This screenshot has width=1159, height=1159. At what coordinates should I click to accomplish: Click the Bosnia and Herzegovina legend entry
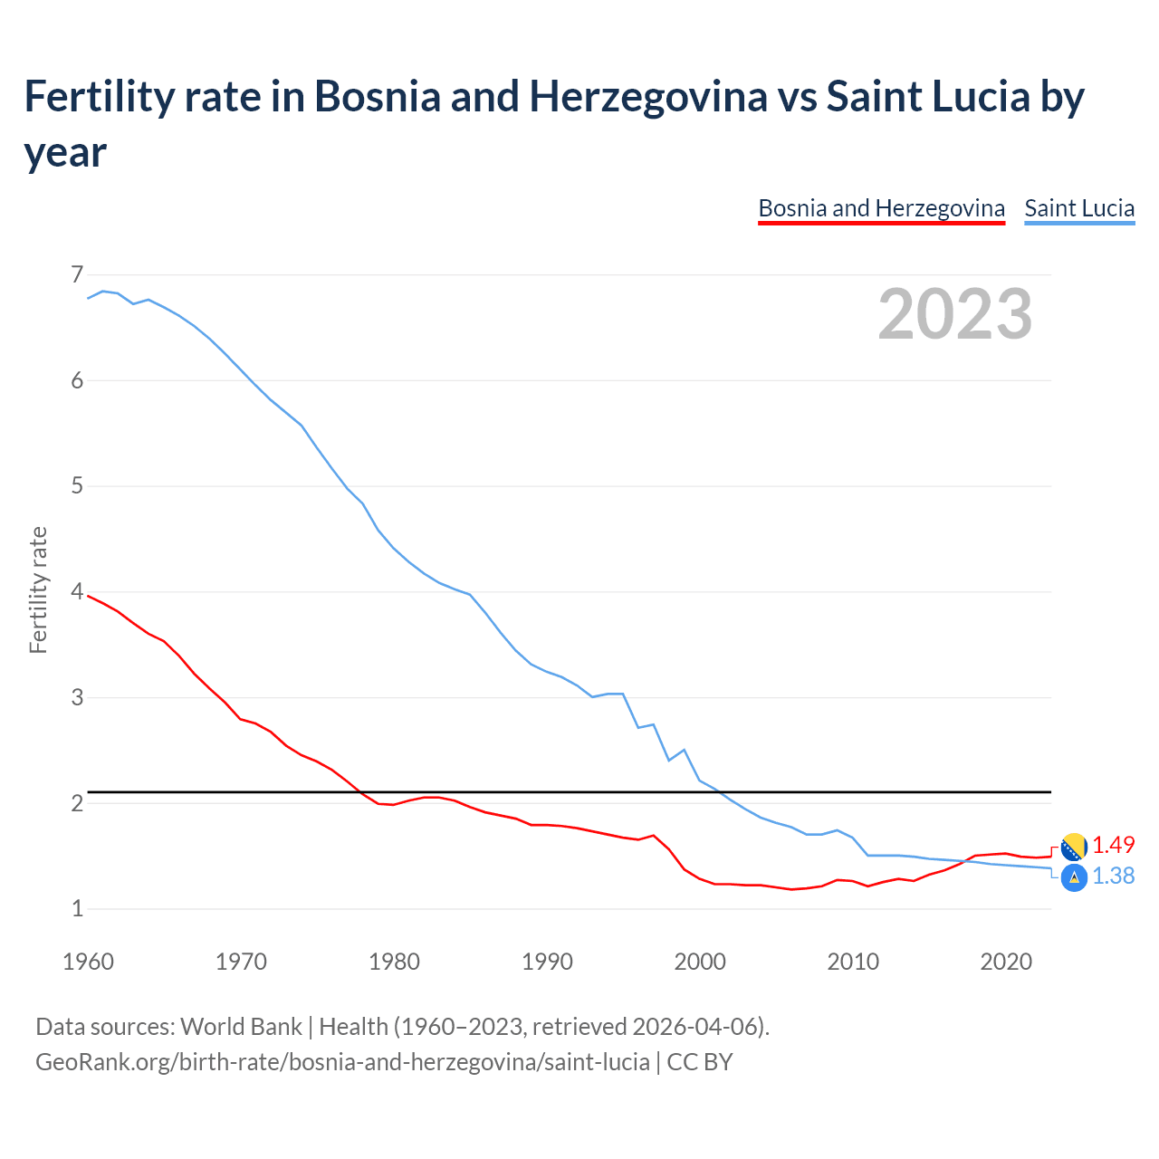[x=881, y=208]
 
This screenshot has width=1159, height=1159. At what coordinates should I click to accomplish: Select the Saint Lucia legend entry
[x=1079, y=208]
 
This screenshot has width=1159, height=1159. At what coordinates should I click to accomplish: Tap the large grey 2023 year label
[x=955, y=313]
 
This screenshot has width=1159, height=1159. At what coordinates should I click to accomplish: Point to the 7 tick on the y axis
[x=77, y=274]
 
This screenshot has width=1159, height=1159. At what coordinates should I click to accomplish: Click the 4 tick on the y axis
[x=77, y=592]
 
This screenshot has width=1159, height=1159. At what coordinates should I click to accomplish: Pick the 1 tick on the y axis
[x=77, y=908]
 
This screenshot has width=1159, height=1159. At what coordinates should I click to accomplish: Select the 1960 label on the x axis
[x=88, y=962]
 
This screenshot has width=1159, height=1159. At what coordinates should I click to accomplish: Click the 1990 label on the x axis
[x=547, y=962]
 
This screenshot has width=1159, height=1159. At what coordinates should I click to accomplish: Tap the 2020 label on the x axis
[x=1006, y=962]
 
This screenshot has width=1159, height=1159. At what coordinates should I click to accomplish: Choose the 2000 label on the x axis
[x=700, y=962]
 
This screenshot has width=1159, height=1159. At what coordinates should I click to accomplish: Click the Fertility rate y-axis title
[x=38, y=590]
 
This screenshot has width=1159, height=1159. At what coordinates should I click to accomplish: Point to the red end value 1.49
[x=1113, y=845]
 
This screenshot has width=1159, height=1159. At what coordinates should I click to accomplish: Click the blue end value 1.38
[x=1113, y=876]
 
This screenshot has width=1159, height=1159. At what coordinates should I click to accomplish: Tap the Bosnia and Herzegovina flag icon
[x=1074, y=848]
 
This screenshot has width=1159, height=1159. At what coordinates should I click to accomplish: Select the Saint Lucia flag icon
[x=1074, y=877]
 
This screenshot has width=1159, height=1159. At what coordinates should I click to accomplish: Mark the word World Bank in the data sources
[x=241, y=1027]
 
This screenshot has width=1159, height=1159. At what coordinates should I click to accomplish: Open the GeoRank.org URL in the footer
[x=342, y=1061]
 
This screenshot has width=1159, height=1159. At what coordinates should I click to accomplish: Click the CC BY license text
[x=700, y=1061]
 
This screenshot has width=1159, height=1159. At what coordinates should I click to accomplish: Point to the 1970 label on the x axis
[x=241, y=962]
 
